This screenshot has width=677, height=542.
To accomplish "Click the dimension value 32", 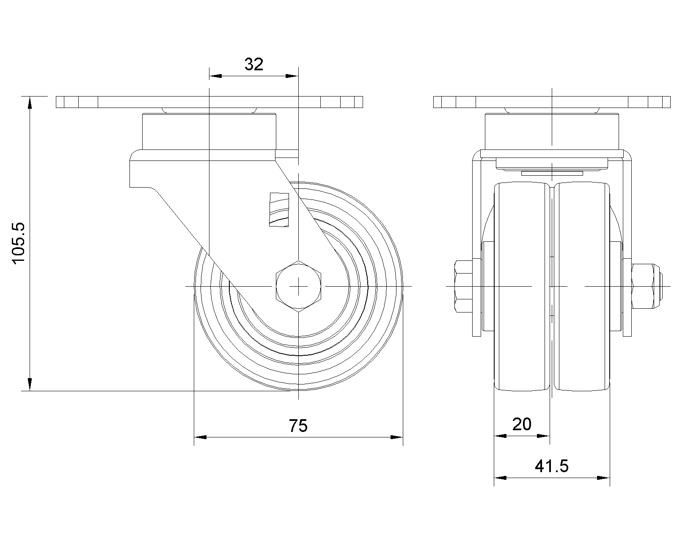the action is click(253, 64).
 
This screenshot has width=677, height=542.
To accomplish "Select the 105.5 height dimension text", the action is click(19, 243).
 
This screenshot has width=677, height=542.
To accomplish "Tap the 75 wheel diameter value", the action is click(298, 426).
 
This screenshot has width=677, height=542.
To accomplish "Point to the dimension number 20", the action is click(522, 424).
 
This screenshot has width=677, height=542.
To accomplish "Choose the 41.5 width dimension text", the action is click(552, 466).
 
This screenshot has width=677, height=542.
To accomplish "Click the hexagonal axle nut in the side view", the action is click(299, 286).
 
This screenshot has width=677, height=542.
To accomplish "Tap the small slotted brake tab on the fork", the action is click(279, 210).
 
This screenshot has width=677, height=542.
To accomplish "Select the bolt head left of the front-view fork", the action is click(463, 286).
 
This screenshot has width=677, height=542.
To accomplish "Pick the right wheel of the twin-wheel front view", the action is click(582, 286).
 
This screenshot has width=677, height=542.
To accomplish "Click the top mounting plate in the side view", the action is click(209, 102).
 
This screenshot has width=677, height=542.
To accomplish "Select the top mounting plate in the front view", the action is click(552, 102).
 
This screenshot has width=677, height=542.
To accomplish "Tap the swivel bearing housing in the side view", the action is click(209, 132).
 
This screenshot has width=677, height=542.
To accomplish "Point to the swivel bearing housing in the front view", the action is click(552, 132).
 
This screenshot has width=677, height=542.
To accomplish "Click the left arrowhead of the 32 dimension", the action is click(215, 76).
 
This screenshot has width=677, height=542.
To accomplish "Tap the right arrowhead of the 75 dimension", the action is click(397, 437).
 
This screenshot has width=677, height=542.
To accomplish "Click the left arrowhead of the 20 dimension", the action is click(500, 436).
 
